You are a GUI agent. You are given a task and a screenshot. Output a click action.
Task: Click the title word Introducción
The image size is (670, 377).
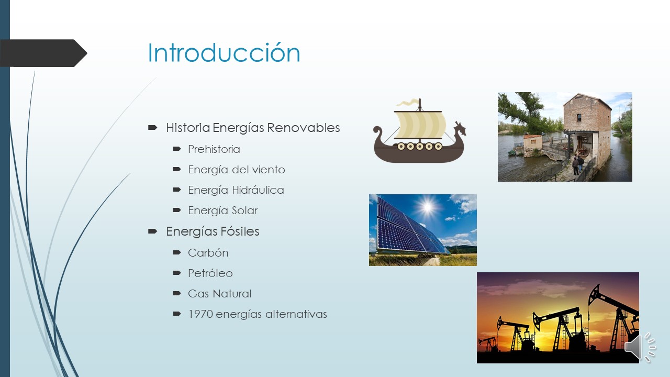click(224, 53)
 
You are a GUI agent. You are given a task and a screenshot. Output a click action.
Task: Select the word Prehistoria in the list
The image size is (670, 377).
click(214, 149)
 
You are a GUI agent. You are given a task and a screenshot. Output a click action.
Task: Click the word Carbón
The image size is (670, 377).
click(208, 253)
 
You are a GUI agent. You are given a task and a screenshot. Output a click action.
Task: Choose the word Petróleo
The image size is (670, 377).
click(210, 273)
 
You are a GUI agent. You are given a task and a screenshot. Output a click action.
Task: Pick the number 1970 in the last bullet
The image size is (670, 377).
click(200, 314)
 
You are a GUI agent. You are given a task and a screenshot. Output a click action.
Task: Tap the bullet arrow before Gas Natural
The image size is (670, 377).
click(177, 293)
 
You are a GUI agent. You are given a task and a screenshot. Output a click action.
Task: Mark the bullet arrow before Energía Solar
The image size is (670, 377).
click(177, 210)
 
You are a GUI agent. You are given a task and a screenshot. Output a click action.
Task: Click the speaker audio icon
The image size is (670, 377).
click(640, 346)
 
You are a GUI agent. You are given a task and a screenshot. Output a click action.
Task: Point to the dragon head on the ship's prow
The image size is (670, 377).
click(460, 128)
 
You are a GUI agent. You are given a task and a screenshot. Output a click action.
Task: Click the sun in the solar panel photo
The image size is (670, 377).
click(428, 208)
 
